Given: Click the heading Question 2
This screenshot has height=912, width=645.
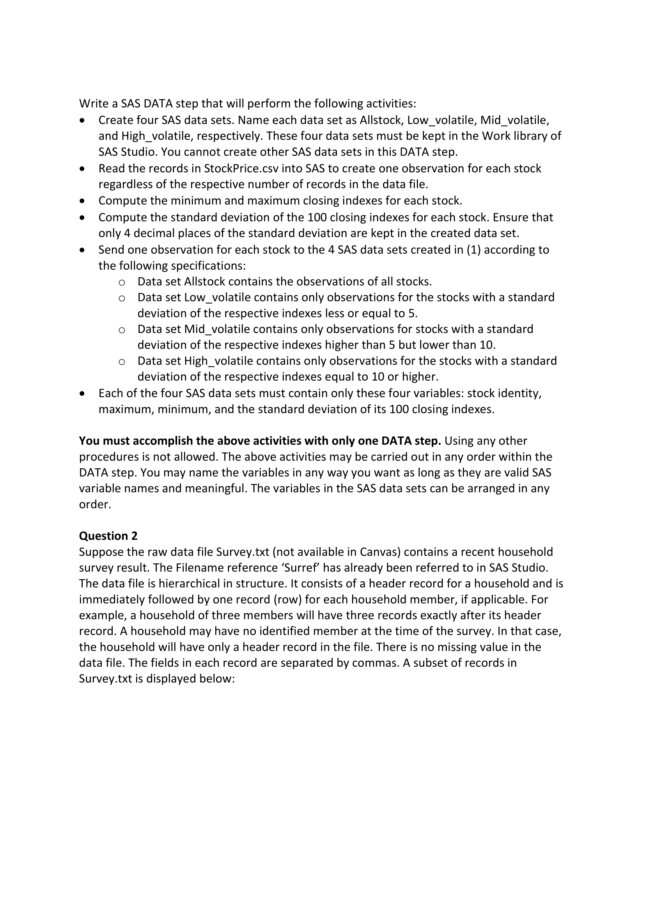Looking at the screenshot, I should (x=108, y=536).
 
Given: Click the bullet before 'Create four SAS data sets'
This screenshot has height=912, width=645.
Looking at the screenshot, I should (x=82, y=120).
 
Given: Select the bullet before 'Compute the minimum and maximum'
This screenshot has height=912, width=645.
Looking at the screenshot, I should (x=82, y=201).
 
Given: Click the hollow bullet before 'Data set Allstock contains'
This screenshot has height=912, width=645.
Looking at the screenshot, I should (x=122, y=282).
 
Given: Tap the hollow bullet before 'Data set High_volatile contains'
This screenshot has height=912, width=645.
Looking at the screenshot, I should (x=122, y=361).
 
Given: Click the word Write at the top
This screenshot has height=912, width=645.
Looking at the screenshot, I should (x=93, y=104).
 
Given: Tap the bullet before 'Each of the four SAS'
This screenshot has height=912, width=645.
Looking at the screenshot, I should (x=82, y=394).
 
